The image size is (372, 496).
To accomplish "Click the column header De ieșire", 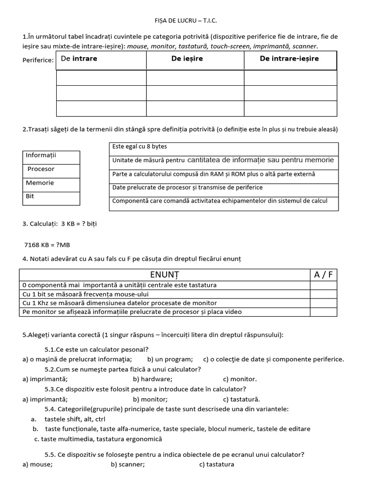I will (187, 59).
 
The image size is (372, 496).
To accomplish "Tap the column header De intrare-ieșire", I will (289, 59).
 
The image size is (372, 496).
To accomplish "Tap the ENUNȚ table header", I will (164, 275).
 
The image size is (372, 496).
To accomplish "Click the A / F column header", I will (324, 275).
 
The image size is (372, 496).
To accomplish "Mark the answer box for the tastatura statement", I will (324, 285).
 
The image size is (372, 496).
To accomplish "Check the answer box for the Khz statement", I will (324, 303).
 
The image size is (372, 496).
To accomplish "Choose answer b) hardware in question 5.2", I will (153, 379).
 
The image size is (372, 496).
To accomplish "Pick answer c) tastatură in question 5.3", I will (241, 399).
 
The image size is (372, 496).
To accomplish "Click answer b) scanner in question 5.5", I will (127, 464).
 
